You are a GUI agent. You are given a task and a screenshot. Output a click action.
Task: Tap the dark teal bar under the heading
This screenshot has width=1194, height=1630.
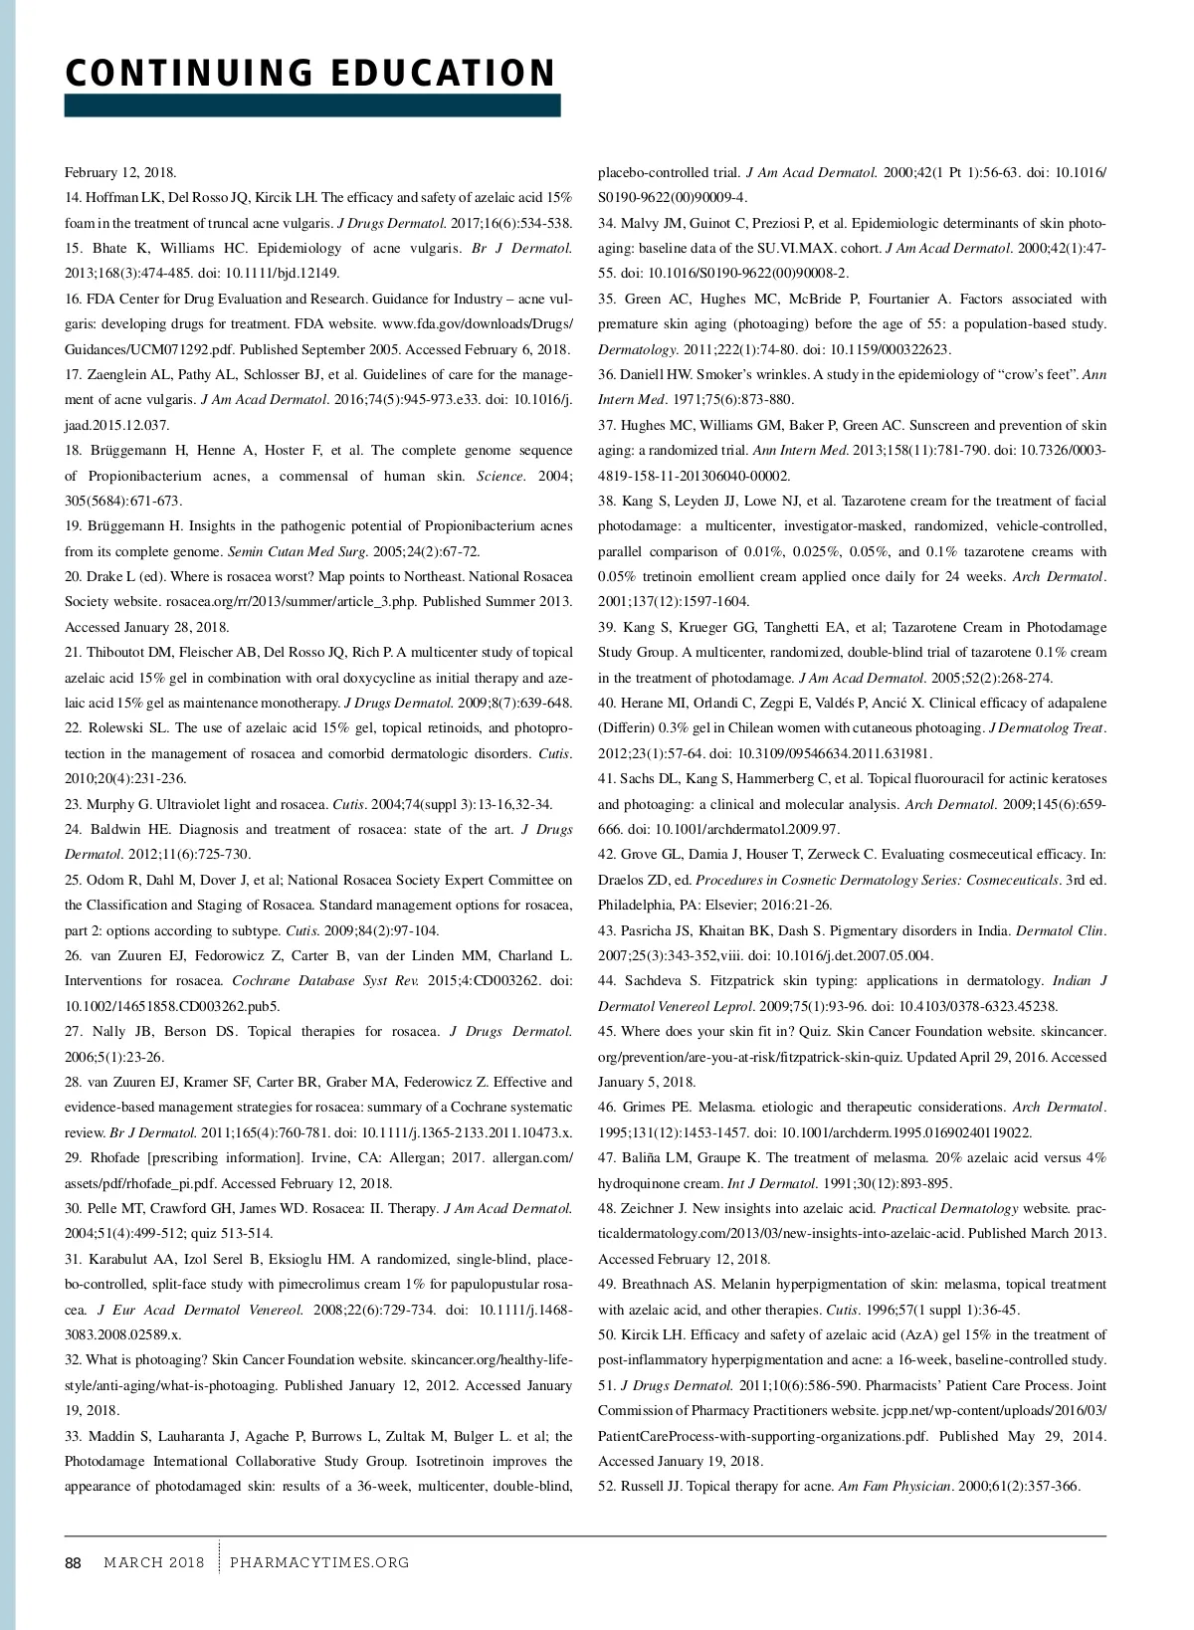click(x=312, y=105)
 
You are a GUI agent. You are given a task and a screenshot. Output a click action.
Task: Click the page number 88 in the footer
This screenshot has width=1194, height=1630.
click(x=73, y=1562)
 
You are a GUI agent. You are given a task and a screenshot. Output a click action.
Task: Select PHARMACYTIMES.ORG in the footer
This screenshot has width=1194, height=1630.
click(x=319, y=1562)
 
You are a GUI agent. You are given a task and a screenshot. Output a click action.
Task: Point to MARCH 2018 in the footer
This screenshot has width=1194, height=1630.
click(x=154, y=1562)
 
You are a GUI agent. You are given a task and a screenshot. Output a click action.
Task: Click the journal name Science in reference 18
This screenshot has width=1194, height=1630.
click(x=499, y=476)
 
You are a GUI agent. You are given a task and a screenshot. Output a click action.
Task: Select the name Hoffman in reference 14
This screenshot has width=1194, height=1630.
click(x=110, y=197)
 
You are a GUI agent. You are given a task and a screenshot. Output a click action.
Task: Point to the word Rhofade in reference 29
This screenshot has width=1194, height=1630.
click(x=116, y=1157)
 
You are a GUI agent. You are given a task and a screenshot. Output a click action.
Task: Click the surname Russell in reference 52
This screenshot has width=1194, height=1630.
click(x=643, y=1486)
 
